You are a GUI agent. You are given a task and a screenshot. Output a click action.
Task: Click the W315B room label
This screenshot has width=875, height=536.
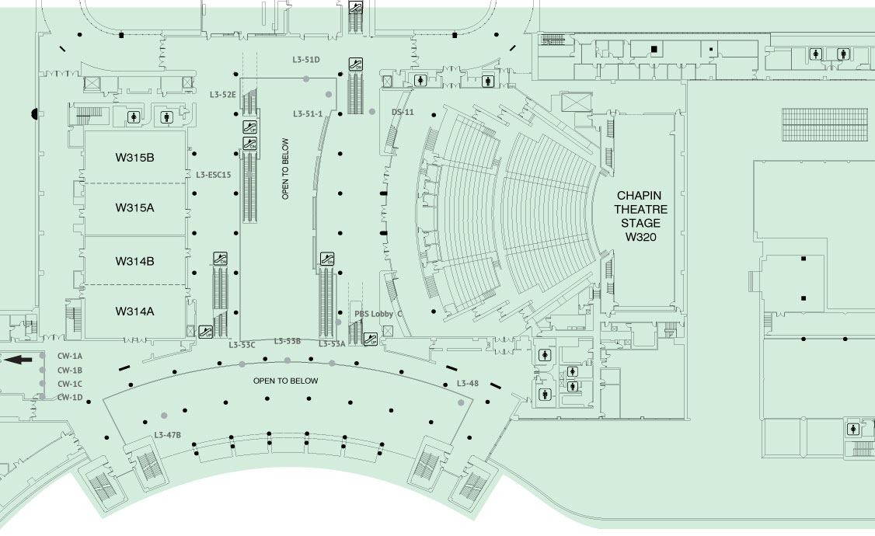click(135, 158)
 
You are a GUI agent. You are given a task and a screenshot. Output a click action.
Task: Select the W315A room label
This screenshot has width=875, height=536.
click(135, 208)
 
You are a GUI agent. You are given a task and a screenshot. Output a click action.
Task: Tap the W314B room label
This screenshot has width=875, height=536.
click(135, 261)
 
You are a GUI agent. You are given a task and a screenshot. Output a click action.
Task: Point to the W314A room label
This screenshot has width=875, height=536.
click(135, 312)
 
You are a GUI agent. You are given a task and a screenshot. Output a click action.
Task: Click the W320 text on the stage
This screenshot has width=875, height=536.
click(641, 236)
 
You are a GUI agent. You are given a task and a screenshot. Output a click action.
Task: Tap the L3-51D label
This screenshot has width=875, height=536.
click(306, 60)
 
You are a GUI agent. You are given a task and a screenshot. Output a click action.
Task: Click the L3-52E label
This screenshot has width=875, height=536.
click(223, 95)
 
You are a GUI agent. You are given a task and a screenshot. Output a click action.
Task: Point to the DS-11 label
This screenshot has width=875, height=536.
click(403, 113)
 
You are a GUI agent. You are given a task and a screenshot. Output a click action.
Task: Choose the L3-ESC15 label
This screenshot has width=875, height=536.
click(214, 175)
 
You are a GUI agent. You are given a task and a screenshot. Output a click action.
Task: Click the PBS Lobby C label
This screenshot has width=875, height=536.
click(378, 314)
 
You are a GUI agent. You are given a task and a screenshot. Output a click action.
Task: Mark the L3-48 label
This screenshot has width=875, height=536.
click(468, 384)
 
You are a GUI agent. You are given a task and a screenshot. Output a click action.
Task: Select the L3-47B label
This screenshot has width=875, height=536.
click(168, 434)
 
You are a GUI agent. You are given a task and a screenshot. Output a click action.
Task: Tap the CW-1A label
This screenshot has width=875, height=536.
click(70, 356)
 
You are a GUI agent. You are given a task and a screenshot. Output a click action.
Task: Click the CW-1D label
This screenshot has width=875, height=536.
click(70, 398)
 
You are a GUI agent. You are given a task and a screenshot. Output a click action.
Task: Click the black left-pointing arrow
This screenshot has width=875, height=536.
click(18, 360)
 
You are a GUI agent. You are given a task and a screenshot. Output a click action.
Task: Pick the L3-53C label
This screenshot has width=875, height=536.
click(242, 344)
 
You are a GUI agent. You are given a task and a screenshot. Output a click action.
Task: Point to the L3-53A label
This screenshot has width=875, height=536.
click(332, 343)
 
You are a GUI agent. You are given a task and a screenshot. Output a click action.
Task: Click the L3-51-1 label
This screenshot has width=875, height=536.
click(308, 114)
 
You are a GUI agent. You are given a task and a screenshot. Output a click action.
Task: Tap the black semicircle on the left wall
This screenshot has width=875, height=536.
click(34, 114)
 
